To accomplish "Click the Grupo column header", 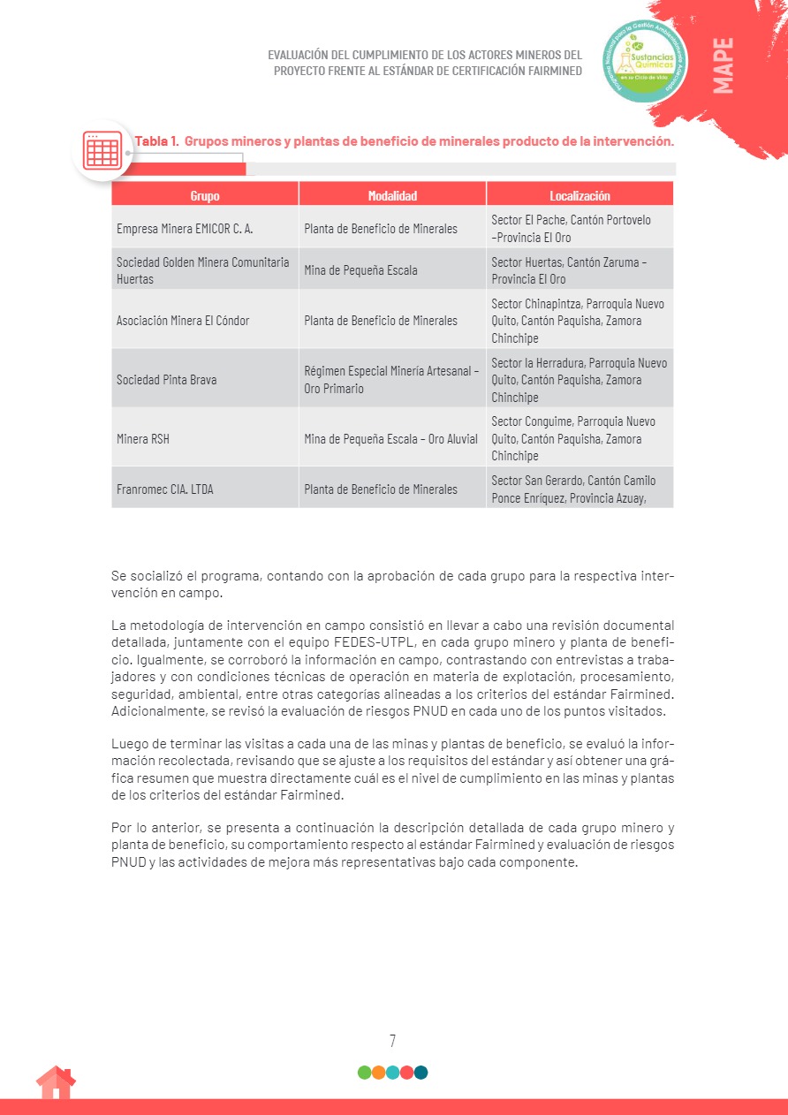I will point(205,195).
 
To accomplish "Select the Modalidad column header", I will point(392,195).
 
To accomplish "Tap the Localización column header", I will point(580,195).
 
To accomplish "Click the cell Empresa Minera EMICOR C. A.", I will point(185,229).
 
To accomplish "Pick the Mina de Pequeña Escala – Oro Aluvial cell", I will point(390,438).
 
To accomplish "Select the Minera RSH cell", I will point(143,438).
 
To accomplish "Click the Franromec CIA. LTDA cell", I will point(165,489).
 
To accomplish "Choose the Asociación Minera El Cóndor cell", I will point(183,321).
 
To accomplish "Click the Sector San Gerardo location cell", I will point(573,489).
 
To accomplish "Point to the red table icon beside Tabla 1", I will point(102,150).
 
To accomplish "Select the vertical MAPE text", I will point(723,65).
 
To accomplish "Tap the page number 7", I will point(392,1041).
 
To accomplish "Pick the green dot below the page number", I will point(364,1073).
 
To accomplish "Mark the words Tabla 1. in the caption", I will point(157,140).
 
